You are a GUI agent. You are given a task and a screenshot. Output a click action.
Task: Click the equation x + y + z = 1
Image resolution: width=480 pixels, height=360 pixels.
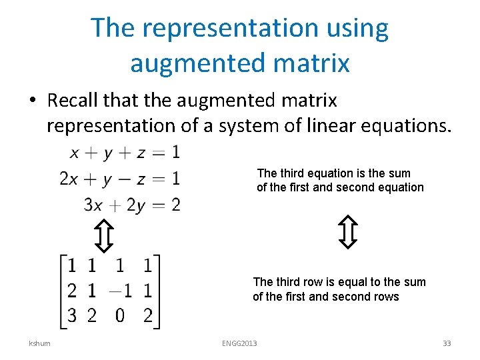125,153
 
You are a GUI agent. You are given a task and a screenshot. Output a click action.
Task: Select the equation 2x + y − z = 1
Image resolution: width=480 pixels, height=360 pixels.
120,179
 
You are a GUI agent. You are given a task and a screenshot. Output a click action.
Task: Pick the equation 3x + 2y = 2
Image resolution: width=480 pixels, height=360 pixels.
132,204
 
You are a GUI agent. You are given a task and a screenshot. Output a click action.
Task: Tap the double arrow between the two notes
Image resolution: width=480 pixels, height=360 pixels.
348,231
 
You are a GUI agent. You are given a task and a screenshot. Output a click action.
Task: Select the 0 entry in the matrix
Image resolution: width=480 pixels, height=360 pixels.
120,315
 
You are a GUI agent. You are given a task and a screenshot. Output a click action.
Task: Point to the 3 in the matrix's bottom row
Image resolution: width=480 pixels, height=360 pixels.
73,315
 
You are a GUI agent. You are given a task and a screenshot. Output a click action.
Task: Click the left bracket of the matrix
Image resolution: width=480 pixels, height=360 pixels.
63,290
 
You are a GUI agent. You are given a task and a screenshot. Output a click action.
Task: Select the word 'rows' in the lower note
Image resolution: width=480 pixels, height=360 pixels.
387,297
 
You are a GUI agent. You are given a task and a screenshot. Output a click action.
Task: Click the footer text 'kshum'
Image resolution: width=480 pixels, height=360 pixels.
39,343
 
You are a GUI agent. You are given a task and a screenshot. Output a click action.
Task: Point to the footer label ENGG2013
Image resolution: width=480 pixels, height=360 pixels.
239,343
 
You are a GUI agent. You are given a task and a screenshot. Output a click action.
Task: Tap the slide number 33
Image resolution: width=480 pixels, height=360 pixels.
447,343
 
